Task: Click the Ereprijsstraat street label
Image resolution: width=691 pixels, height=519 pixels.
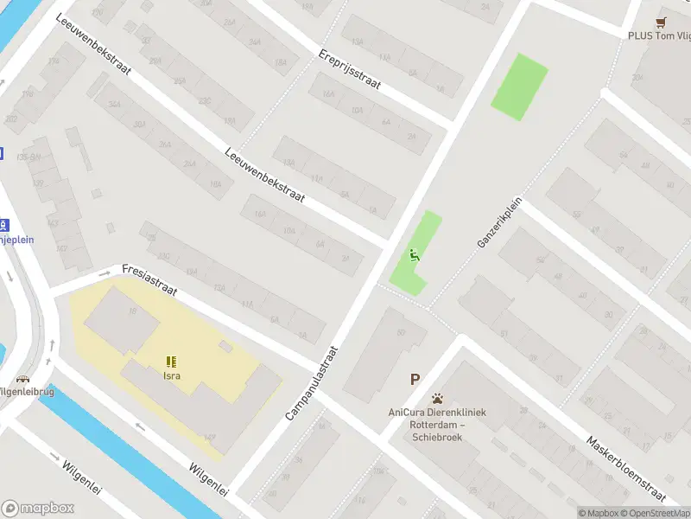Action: coord(350,67)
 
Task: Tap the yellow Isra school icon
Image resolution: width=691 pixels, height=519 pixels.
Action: coord(171,362)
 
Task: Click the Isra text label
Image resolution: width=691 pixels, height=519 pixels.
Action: coord(172,376)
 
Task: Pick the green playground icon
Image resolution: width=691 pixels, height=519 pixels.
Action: coord(415,254)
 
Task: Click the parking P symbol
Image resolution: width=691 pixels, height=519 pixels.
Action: coord(415,379)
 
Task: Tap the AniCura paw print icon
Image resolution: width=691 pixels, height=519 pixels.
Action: coord(438,399)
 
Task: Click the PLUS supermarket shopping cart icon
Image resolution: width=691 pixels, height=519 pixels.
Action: coord(662,21)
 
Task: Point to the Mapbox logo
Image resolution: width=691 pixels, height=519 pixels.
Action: coord(38,509)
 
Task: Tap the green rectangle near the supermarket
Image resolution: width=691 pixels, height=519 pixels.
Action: coord(519,86)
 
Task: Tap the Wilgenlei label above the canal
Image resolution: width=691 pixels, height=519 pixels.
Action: coord(208,478)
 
